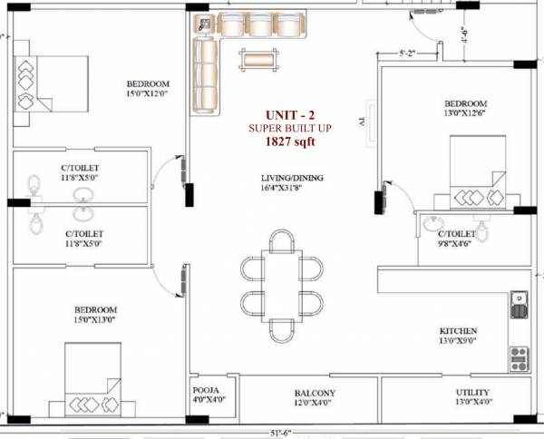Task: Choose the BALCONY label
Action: coord(316,393)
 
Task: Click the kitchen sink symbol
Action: coord(520,299)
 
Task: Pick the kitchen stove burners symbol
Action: coord(520,360)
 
